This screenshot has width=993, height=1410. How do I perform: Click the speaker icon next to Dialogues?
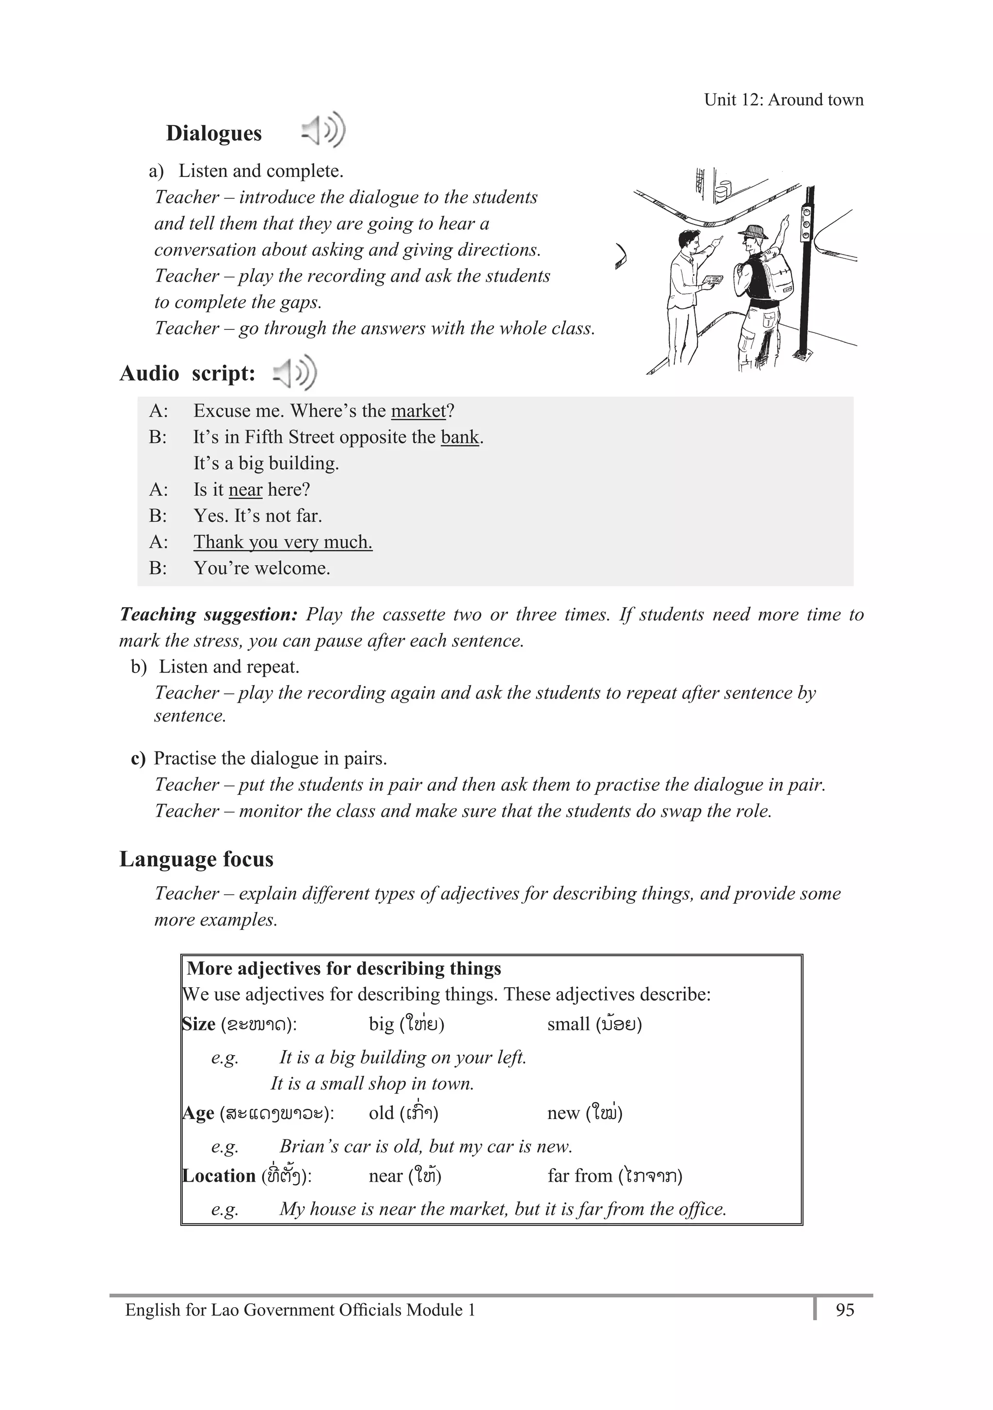pyautogui.click(x=323, y=130)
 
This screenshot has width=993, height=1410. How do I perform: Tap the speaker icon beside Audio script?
pyautogui.click(x=295, y=372)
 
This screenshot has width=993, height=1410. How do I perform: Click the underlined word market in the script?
pyautogui.click(x=418, y=411)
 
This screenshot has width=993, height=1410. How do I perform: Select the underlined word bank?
pyautogui.click(x=459, y=437)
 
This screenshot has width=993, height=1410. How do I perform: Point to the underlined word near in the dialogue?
pyautogui.click(x=245, y=489)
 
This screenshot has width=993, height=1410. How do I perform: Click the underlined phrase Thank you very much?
pyautogui.click(x=283, y=542)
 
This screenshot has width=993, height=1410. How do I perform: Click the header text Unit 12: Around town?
pyautogui.click(x=783, y=99)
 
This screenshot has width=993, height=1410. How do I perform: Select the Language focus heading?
pyautogui.click(x=196, y=859)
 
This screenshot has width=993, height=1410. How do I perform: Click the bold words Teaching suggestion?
pyautogui.click(x=208, y=614)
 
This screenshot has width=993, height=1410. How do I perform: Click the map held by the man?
pyautogui.click(x=712, y=281)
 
